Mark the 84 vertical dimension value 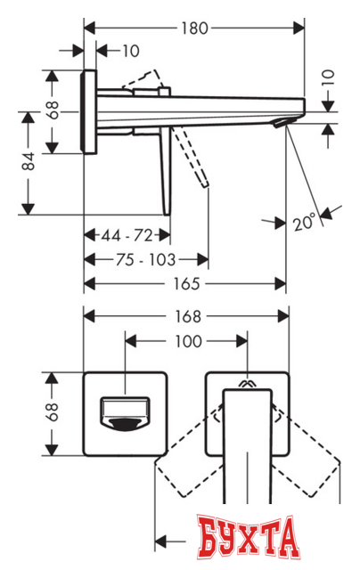click(x=30, y=161)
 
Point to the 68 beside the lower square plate click(x=53, y=411)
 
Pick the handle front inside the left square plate click(x=122, y=411)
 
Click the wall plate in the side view click(x=89, y=110)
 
